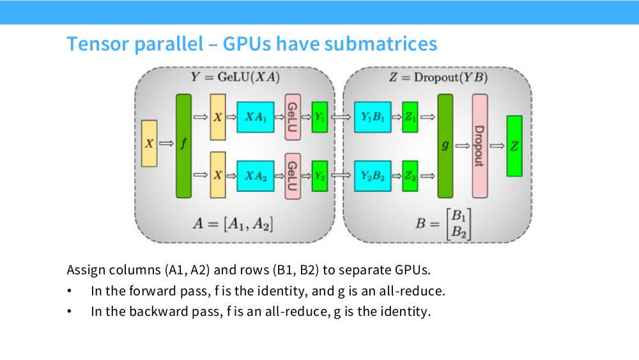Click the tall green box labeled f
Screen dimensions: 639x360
pyautogui.click(x=183, y=146)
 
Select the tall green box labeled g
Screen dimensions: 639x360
pyautogui.click(x=445, y=146)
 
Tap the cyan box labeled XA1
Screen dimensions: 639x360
pyautogui.click(x=256, y=118)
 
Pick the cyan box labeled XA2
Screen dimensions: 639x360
pyautogui.click(x=256, y=176)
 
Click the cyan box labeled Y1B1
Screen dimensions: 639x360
pyautogui.click(x=373, y=118)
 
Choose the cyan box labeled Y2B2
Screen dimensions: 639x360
pyautogui.click(x=373, y=176)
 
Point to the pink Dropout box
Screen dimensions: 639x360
pyautogui.click(x=480, y=146)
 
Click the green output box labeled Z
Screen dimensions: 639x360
pyautogui.click(x=514, y=146)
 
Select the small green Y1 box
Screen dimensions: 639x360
pyautogui.click(x=319, y=118)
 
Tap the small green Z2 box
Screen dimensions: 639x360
pyautogui.click(x=410, y=176)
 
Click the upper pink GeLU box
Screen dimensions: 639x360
pyautogui.click(x=293, y=118)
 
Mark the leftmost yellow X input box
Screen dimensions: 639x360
pyautogui.click(x=149, y=143)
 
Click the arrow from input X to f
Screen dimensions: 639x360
pyautogui.click(x=166, y=143)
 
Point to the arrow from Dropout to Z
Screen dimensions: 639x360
pyautogui.click(x=497, y=146)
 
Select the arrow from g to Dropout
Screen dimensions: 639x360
pyautogui.click(x=462, y=146)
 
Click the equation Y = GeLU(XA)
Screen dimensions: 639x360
pyautogui.click(x=235, y=77)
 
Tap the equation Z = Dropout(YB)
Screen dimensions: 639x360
pyautogui.click(x=438, y=77)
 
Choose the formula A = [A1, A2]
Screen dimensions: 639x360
pyautogui.click(x=233, y=224)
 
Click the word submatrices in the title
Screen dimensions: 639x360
pyautogui.click(x=381, y=43)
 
